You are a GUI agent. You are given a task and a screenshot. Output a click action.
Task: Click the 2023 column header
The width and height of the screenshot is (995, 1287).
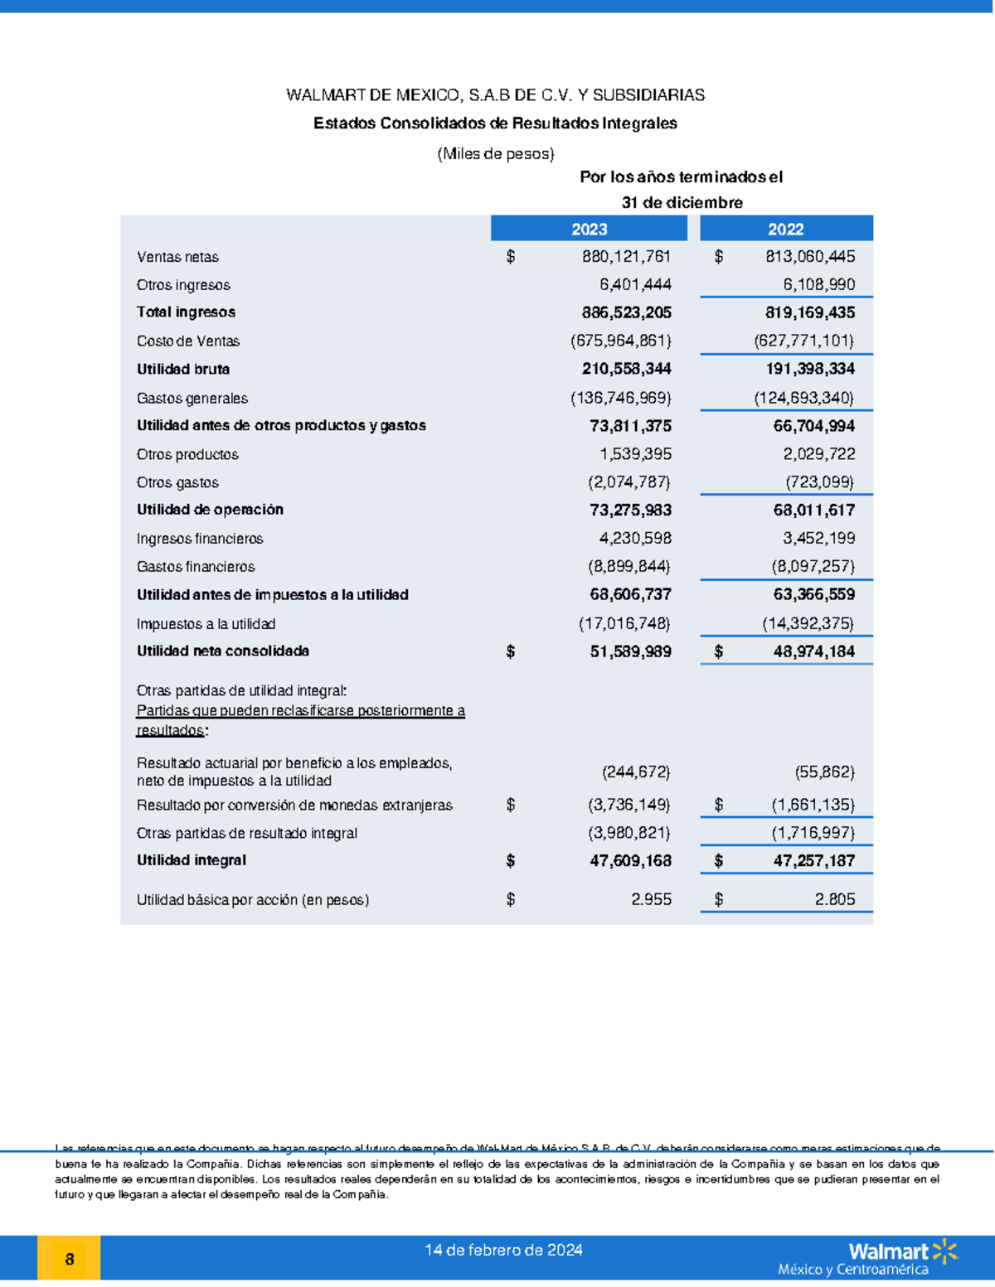pyautogui.click(x=589, y=229)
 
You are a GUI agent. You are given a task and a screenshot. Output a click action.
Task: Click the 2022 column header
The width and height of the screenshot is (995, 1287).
pyautogui.click(x=785, y=229)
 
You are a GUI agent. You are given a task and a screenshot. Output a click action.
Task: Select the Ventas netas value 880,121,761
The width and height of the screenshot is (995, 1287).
pyautogui.click(x=626, y=257)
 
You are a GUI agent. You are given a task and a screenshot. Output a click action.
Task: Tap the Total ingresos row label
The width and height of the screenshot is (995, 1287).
pyautogui.click(x=186, y=312)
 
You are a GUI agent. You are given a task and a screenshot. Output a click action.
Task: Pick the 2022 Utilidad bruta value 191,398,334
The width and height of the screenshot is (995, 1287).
pyautogui.click(x=809, y=369)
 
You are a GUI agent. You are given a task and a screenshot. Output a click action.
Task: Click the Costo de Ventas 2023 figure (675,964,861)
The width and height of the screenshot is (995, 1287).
pyautogui.click(x=620, y=341)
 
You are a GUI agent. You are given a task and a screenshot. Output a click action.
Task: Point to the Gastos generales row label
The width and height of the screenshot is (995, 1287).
pyautogui.click(x=192, y=399)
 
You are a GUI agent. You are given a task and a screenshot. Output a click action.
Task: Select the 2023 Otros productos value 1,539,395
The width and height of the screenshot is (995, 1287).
pyautogui.click(x=635, y=454)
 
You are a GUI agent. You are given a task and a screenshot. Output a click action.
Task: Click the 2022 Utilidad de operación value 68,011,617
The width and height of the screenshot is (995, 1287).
pyautogui.click(x=813, y=510)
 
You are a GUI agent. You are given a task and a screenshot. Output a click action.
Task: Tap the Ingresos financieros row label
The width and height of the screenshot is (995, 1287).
pyautogui.click(x=200, y=539)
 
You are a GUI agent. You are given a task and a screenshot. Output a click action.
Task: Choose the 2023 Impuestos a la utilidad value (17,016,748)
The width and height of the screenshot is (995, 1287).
pyautogui.click(x=624, y=623)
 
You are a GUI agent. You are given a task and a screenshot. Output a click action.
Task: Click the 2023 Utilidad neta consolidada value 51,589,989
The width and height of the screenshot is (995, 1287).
pyautogui.click(x=630, y=652)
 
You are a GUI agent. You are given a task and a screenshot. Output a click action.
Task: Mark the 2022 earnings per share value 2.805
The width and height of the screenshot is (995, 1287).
pyautogui.click(x=834, y=899)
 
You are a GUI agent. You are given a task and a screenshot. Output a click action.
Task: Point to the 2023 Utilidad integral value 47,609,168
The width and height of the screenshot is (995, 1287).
pyautogui.click(x=630, y=861)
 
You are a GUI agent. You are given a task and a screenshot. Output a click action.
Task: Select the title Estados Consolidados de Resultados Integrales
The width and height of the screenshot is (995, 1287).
pyautogui.click(x=495, y=123)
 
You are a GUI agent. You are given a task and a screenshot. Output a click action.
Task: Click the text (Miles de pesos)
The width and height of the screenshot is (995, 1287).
pyautogui.click(x=495, y=153)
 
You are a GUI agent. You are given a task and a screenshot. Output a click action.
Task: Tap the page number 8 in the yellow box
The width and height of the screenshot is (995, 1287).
pyautogui.click(x=70, y=1260)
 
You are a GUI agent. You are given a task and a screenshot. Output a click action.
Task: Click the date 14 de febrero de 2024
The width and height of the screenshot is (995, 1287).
pyautogui.click(x=503, y=1250)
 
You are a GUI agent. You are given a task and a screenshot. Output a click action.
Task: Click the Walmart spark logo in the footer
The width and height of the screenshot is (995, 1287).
pyautogui.click(x=944, y=1251)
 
